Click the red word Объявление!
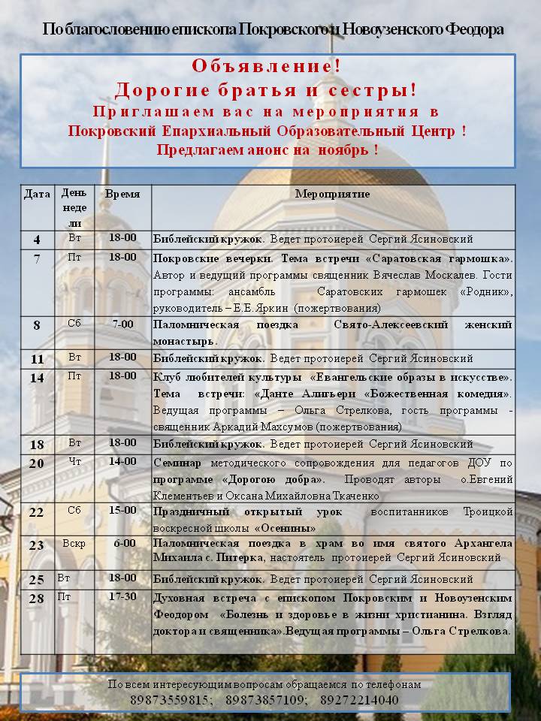[x=266, y=66]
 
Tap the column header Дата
[x=38, y=194]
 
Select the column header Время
[x=122, y=194]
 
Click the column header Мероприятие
[x=332, y=194]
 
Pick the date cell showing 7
[x=38, y=259]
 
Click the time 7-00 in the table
[x=122, y=324]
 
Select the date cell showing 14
[x=38, y=377]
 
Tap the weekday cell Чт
[x=74, y=461]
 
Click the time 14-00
[x=122, y=461]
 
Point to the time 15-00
[x=122, y=510]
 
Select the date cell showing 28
[x=38, y=598]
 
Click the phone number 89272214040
[x=360, y=700]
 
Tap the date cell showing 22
[x=38, y=512]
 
